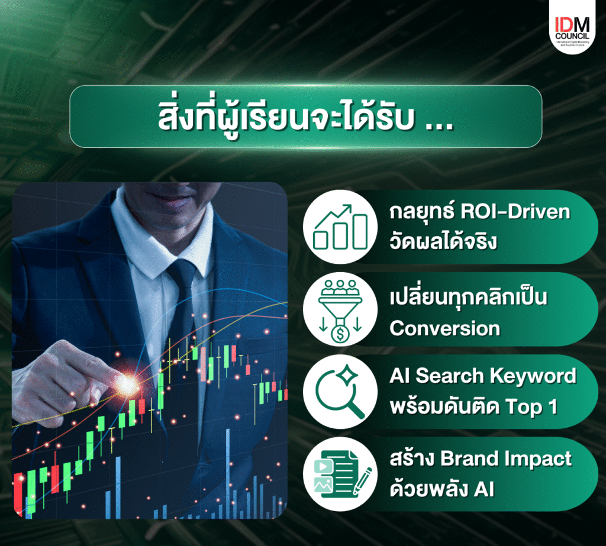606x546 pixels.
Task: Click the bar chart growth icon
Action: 340,227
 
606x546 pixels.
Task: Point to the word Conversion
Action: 445,328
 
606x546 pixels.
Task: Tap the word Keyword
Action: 533,376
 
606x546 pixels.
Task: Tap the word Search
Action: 450,376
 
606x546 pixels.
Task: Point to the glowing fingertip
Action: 127,383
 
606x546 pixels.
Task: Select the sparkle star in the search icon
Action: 347,374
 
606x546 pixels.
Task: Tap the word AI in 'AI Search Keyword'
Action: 399,376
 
